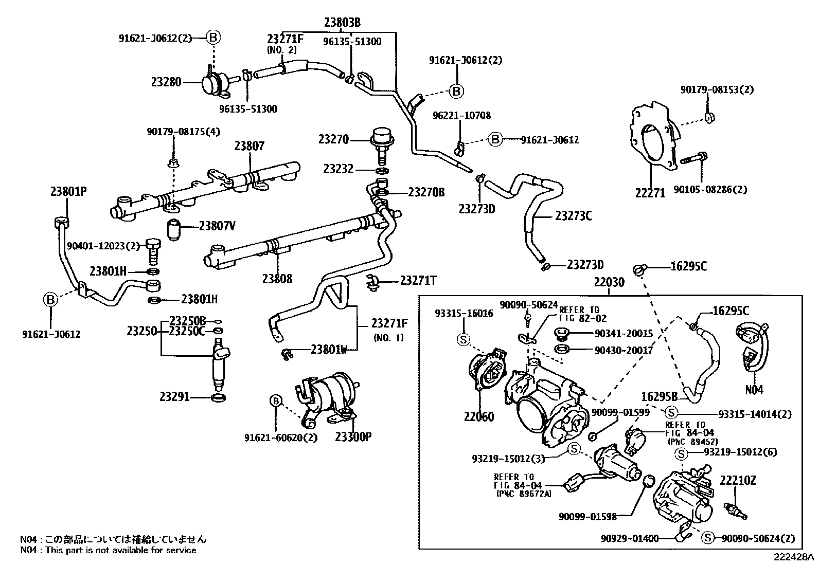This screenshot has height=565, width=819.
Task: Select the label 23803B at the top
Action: pyautogui.click(x=342, y=22)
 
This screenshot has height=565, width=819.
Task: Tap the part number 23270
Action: pyautogui.click(x=333, y=139)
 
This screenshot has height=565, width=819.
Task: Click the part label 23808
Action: pyautogui.click(x=277, y=279)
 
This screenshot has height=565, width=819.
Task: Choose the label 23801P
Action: pyautogui.click(x=68, y=192)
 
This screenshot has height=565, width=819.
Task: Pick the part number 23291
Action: pyautogui.click(x=174, y=397)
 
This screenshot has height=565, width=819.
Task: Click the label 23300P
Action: pyautogui.click(x=353, y=437)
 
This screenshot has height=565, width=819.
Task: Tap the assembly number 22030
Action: pyautogui.click(x=609, y=282)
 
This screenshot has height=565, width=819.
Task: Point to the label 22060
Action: pyautogui.click(x=478, y=417)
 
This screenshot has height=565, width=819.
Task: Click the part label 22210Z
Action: pyautogui.click(x=737, y=481)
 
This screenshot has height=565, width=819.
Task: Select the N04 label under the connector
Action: pyautogui.click(x=754, y=390)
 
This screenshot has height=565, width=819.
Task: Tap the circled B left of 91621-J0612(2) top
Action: pyautogui.click(x=213, y=37)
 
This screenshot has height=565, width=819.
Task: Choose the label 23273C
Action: pyautogui.click(x=573, y=216)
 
